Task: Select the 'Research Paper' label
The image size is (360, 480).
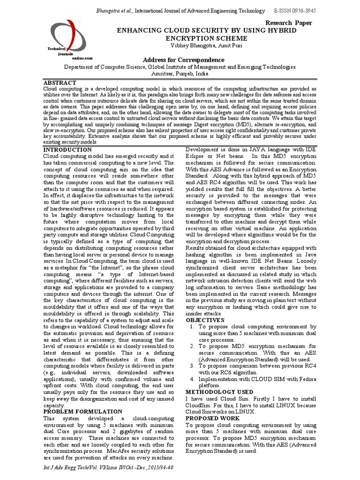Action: (x=289, y=22)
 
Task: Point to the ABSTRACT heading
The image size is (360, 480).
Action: (x=60, y=82)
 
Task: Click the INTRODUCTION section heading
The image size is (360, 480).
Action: (x=67, y=150)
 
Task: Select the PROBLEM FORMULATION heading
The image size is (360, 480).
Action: (x=79, y=411)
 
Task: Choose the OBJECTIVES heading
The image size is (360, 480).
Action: (x=205, y=320)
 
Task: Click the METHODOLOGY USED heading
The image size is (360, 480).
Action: (x=219, y=391)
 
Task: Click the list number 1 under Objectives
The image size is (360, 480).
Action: (x=192, y=326)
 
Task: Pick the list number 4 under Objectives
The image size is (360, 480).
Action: (x=192, y=379)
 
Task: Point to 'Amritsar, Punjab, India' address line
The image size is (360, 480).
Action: (x=180, y=74)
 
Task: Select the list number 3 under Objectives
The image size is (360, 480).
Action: (x=192, y=365)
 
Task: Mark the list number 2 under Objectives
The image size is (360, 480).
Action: (x=192, y=346)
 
